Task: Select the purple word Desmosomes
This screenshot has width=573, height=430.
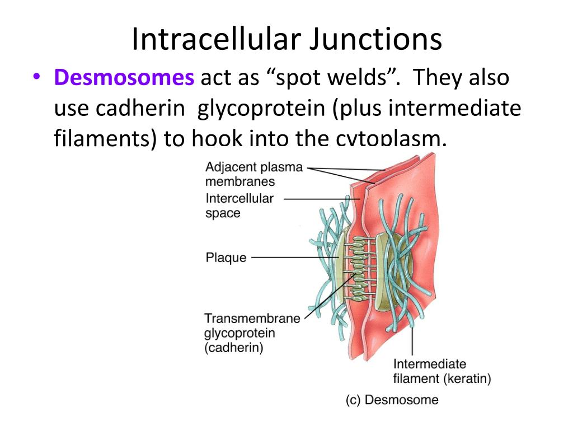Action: pyautogui.click(x=124, y=77)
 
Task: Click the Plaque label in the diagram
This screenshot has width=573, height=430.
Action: pyautogui.click(x=226, y=258)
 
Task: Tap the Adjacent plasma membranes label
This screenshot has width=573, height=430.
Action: pyautogui.click(x=253, y=174)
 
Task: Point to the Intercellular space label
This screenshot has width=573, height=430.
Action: pyautogui.click(x=239, y=205)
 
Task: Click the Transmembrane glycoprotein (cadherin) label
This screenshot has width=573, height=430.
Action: pyautogui.click(x=252, y=333)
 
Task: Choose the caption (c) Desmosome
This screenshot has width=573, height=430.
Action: pyautogui.click(x=392, y=400)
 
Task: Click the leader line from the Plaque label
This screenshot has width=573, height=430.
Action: pyautogui.click(x=294, y=258)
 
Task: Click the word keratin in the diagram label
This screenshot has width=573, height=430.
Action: pyautogui.click(x=467, y=378)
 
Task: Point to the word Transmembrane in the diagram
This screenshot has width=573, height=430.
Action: pyautogui.click(x=252, y=319)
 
